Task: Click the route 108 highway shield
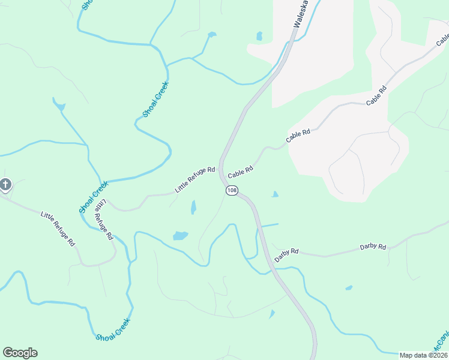tap(232, 190)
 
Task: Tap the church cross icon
tap(5, 184)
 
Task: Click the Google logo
tap(20, 353)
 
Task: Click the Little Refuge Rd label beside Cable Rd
tap(194, 179)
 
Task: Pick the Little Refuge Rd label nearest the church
tap(58, 229)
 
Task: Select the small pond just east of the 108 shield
tap(275, 194)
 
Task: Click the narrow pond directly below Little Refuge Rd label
tap(193, 208)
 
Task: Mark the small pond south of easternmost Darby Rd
tap(349, 288)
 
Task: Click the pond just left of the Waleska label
tap(259, 37)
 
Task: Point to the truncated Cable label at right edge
tap(442, 39)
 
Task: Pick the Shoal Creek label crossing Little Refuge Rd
tap(92, 197)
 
